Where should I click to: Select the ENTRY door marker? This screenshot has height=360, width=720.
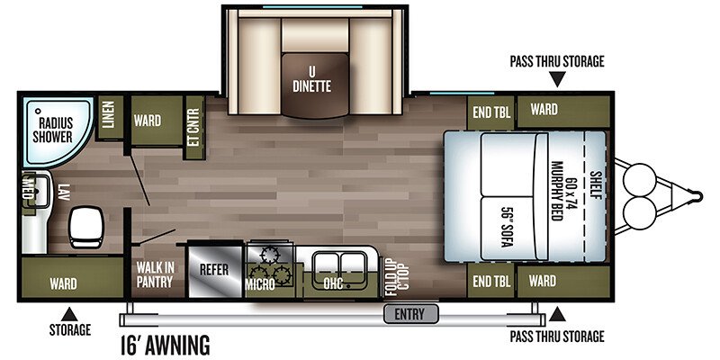coord(410,314)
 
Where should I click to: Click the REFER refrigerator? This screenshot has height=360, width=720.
coord(214,269)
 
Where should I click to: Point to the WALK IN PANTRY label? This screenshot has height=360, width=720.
coord(154,274)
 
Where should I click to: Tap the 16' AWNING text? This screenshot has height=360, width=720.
coord(165,344)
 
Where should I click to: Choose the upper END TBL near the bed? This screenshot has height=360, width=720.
coord(491,111)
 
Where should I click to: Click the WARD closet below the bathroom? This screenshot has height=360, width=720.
coord(63,283)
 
